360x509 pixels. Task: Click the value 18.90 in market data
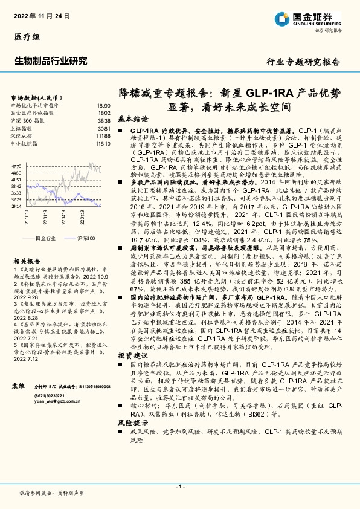click(x=103, y=105)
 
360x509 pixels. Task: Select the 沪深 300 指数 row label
click(x=28, y=121)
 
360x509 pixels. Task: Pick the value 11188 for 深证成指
click(x=103, y=137)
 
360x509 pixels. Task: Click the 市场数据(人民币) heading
click(x=37, y=97)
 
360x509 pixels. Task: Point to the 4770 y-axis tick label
click(x=17, y=164)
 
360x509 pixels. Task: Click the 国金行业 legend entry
click(x=45, y=239)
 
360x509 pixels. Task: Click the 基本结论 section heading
click(x=132, y=120)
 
